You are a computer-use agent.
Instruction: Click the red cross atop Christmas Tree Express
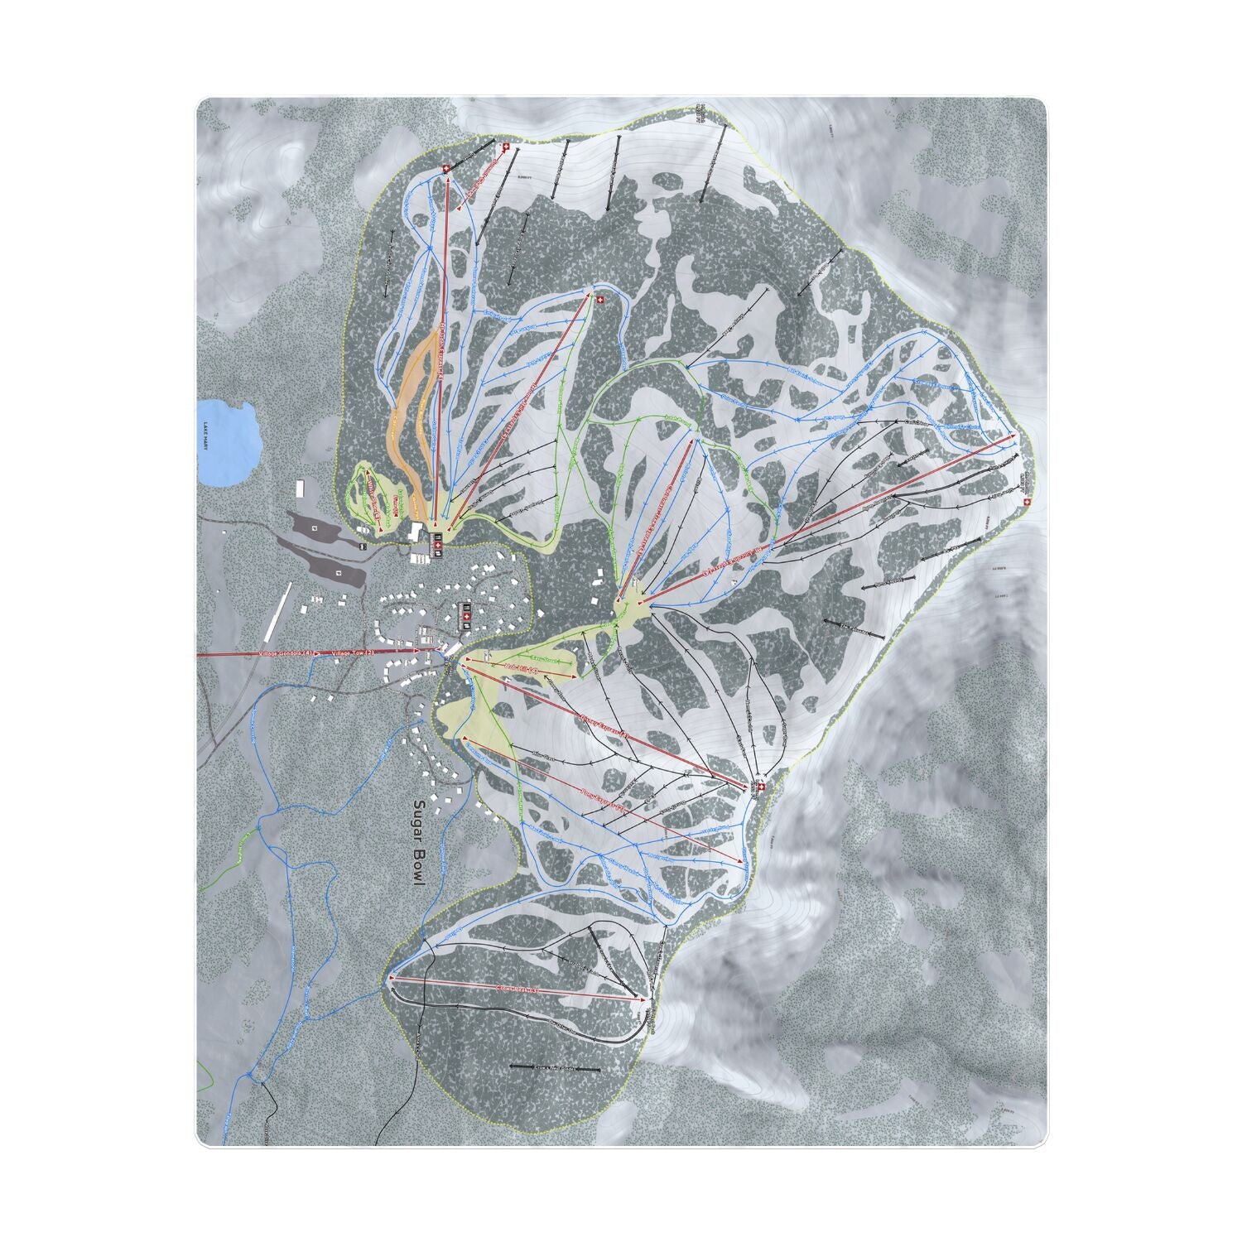600,299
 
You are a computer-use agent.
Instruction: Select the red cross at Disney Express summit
761,786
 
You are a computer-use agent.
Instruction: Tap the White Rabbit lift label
373,501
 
